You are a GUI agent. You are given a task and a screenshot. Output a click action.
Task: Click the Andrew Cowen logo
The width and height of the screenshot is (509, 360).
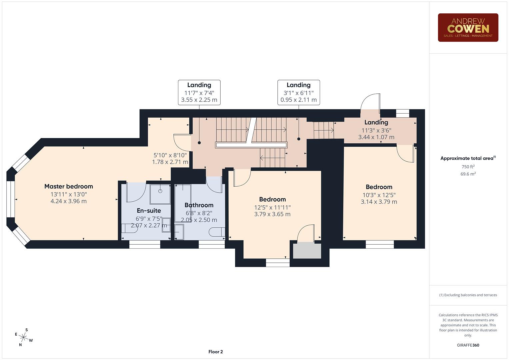point(468,28)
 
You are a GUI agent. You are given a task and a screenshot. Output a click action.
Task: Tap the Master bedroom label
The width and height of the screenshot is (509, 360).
point(69,186)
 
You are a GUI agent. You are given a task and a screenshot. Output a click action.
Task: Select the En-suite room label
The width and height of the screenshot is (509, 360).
point(149,211)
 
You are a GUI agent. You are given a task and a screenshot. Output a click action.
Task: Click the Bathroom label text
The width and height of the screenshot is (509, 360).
point(199,205)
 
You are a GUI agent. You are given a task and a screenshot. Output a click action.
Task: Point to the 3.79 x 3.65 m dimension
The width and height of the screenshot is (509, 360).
point(272,214)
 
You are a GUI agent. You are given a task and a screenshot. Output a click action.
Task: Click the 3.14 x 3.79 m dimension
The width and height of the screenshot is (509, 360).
point(379,202)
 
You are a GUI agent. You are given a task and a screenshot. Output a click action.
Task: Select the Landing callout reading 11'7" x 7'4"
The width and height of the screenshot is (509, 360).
point(199,93)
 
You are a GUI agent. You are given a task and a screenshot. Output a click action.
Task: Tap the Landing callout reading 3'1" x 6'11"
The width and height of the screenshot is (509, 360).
point(298,93)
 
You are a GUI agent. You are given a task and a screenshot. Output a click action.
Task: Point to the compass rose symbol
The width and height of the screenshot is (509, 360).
point(23,337)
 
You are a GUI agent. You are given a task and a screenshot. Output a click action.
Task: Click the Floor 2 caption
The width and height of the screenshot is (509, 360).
point(215,352)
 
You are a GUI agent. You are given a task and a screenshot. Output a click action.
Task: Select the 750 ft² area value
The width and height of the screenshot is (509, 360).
point(468,167)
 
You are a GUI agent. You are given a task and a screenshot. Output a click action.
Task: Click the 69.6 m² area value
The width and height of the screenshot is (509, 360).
point(468,174)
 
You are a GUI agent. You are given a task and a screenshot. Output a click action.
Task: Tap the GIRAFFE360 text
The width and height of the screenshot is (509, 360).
point(468,345)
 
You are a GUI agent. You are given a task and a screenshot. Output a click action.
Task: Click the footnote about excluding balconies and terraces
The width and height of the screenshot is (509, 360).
point(468,295)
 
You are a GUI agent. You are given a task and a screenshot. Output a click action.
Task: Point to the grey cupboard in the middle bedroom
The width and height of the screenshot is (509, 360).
point(307,251)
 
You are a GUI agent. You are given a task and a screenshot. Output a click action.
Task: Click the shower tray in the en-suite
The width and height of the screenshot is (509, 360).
point(160,193)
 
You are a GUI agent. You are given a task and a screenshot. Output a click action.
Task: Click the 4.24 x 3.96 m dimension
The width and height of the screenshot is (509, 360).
point(69,201)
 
